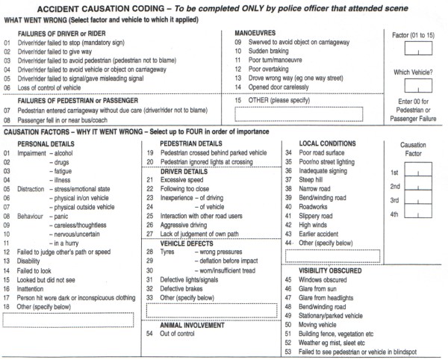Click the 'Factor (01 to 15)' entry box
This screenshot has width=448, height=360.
click(x=416, y=50)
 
